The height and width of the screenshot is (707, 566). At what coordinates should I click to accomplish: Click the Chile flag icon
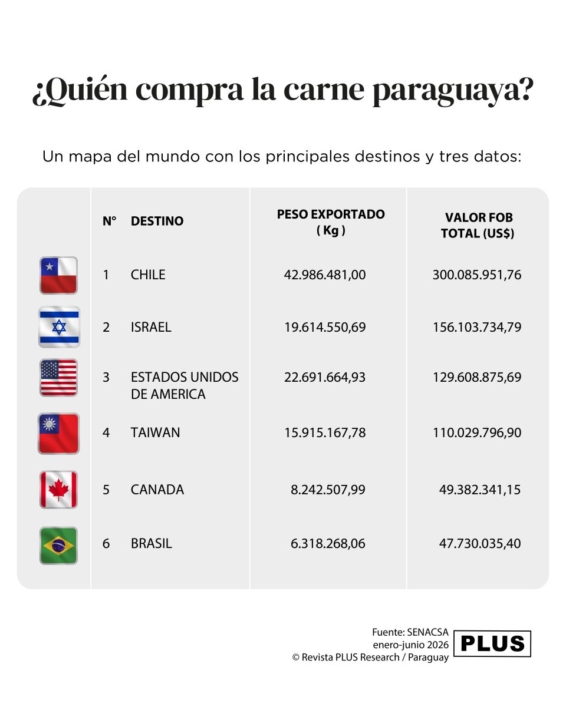coord(58,275)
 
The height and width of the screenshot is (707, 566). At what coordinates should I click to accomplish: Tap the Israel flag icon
coord(59,326)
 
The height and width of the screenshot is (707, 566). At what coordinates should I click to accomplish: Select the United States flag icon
coord(58,378)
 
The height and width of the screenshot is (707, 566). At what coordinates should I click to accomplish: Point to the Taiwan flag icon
coord(58,434)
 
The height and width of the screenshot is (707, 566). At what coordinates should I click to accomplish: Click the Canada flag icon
coord(58,490)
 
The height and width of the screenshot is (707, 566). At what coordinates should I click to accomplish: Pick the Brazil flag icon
coord(58,546)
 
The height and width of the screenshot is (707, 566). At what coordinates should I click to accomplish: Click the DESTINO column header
coord(157,221)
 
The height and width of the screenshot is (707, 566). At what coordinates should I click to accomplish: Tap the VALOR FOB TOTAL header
coord(478,226)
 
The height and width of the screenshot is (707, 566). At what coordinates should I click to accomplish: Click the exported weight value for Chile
coord(325,275)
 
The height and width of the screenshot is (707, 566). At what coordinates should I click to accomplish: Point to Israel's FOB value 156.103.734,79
coord(477,327)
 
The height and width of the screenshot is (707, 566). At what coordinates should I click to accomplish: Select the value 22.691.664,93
coord(325,377)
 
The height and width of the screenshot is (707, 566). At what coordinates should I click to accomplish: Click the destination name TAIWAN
coord(155,432)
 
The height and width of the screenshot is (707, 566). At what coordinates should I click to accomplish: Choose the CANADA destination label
coord(157,490)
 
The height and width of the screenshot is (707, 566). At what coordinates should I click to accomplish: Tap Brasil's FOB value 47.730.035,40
coord(480,544)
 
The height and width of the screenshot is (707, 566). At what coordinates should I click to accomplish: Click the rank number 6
coord(106,544)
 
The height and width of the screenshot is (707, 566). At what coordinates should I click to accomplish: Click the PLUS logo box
coord(492,643)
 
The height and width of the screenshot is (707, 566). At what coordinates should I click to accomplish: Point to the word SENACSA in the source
coord(427,632)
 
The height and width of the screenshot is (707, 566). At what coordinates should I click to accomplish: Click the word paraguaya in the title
coord(453,90)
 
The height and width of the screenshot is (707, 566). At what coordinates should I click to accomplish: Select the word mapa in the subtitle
coord(90,157)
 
